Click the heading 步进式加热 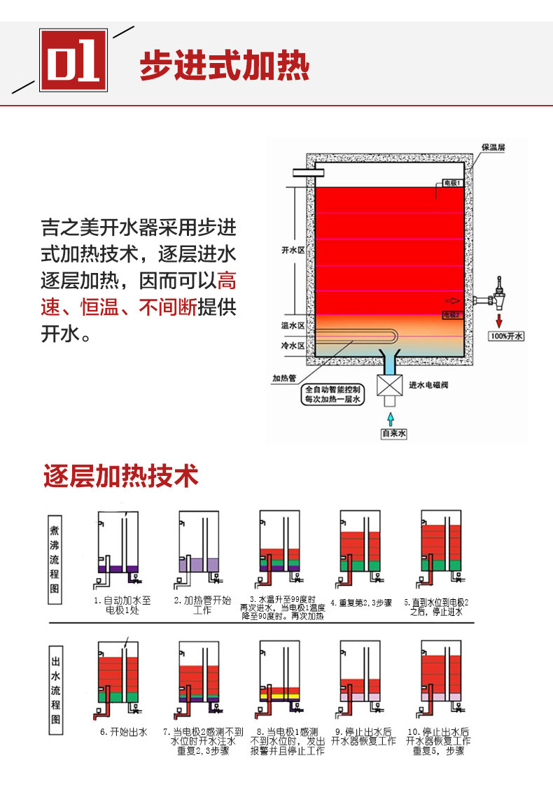pyautogui.click(x=224, y=66)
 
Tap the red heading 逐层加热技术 pyautogui.click(x=121, y=476)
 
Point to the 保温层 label pyautogui.click(x=493, y=148)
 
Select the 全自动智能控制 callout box pyautogui.click(x=332, y=394)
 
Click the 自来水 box pyautogui.click(x=394, y=434)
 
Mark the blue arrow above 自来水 pyautogui.click(x=391, y=417)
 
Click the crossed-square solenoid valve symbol pyautogui.click(x=391, y=386)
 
